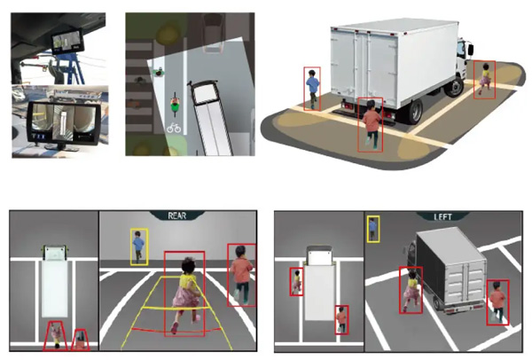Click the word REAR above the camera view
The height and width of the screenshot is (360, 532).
coord(177,215)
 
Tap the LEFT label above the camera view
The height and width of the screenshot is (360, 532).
coord(442,217)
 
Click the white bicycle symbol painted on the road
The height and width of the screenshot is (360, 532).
coord(174,128)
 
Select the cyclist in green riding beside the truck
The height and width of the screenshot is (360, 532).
coord(175,104)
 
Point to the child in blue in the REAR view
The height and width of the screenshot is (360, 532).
coord(139,247)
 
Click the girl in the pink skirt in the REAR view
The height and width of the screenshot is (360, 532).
coord(185,294)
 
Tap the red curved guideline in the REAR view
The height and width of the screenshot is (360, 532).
coord(176,330)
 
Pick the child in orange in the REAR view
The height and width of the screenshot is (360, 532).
coord(241,275)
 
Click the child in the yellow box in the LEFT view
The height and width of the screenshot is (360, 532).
coord(373,230)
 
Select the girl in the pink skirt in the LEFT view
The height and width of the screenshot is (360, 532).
coord(411,291)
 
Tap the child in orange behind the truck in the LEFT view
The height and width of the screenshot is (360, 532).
coord(497,302)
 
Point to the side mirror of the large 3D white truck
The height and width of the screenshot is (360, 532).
coord(471,50)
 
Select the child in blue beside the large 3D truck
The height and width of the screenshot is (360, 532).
coord(312,89)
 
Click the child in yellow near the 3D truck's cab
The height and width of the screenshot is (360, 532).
coord(484,79)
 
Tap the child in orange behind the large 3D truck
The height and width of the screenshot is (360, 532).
coord(371,124)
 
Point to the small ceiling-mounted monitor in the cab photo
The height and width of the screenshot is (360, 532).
coord(67,43)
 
